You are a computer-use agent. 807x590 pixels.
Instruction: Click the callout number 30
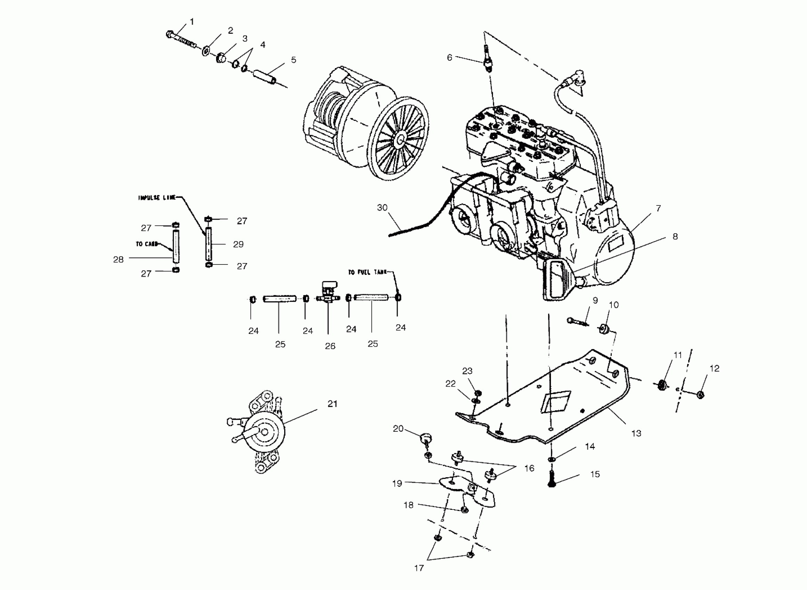(x=382, y=208)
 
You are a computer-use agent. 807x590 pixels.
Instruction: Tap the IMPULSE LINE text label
(x=157, y=197)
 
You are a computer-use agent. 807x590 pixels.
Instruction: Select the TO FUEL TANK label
(x=367, y=272)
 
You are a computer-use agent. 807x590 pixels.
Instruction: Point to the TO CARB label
(x=147, y=244)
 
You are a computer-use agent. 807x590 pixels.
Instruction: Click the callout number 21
(x=332, y=404)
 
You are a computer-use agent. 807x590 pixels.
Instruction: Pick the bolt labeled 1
(x=181, y=40)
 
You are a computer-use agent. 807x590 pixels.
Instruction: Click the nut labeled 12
(x=700, y=395)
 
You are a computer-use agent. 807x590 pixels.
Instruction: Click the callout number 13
(x=636, y=433)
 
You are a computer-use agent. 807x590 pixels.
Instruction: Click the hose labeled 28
(x=176, y=246)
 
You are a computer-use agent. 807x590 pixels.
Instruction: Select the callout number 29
(x=238, y=244)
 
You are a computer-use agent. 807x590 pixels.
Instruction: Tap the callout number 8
(x=675, y=236)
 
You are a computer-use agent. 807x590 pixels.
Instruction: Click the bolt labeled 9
(x=577, y=321)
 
